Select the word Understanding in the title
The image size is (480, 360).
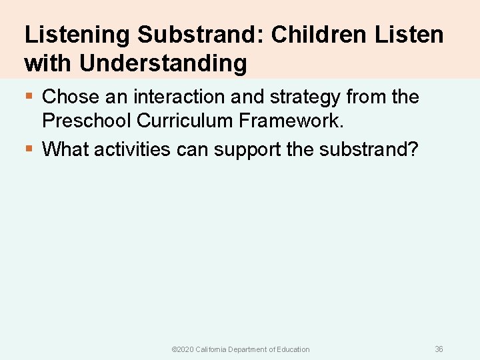(163, 63)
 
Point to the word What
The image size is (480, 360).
(65, 149)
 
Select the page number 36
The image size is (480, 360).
(439, 349)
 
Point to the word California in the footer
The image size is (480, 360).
(211, 349)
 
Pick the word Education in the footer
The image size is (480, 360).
(293, 349)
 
